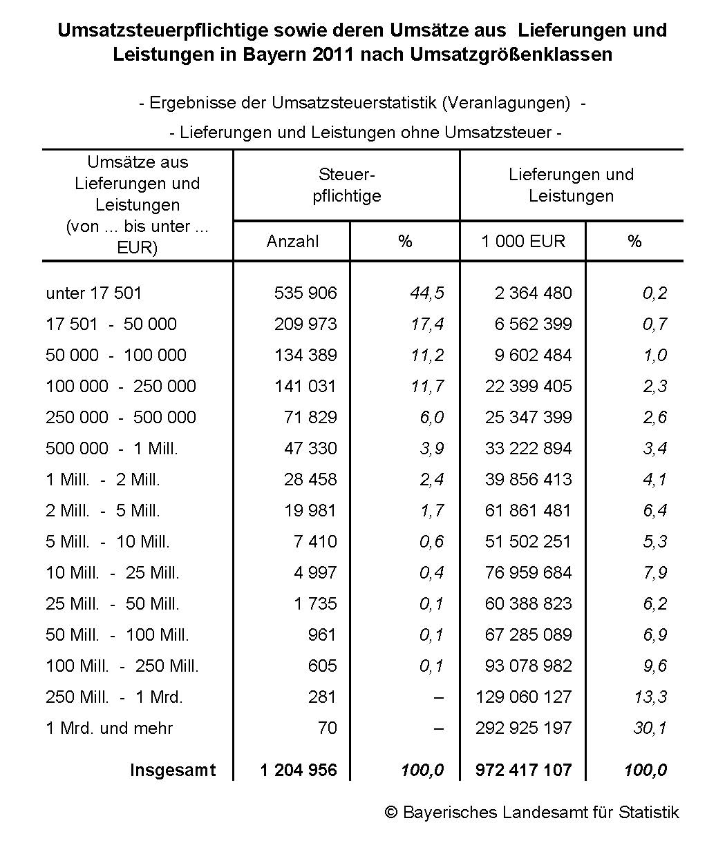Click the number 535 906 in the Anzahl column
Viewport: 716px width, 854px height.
(x=305, y=293)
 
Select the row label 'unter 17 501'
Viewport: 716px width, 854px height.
(x=93, y=293)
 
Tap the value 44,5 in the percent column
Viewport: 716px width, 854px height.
(x=427, y=293)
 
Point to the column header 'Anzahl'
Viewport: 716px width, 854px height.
(x=292, y=241)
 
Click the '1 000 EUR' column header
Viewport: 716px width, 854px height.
(x=523, y=241)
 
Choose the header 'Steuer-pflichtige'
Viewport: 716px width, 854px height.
(x=346, y=185)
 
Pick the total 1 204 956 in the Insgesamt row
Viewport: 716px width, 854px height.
(x=299, y=770)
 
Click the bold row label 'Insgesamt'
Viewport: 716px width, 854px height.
(x=173, y=770)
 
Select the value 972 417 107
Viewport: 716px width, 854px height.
(x=524, y=770)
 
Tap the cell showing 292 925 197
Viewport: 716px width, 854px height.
(x=524, y=728)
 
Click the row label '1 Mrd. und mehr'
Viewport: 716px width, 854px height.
(x=109, y=728)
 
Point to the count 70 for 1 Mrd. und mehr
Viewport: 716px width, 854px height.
(x=328, y=728)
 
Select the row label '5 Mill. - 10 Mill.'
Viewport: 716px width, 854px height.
(x=108, y=541)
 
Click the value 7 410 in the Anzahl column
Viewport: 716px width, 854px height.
(x=315, y=541)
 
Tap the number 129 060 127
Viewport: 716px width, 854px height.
(x=524, y=697)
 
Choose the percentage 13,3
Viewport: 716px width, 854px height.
(x=650, y=697)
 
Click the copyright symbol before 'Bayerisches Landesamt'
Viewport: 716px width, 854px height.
(x=391, y=813)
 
